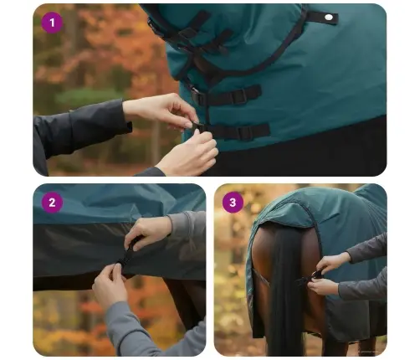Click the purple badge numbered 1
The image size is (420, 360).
click(x=52, y=23)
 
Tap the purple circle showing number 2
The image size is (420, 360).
click(x=52, y=203)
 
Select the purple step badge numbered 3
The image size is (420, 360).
click(x=233, y=203)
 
